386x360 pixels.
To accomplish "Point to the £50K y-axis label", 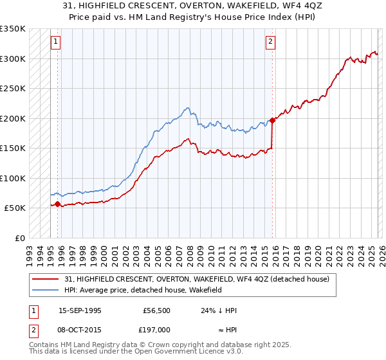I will pos(15,208).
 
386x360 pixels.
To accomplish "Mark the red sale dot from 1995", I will pos(57,204).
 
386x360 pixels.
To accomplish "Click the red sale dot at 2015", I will pos(272,120).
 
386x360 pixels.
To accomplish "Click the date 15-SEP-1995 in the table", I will pos(80,310).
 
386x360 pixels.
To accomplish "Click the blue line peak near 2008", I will pos(187,107).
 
